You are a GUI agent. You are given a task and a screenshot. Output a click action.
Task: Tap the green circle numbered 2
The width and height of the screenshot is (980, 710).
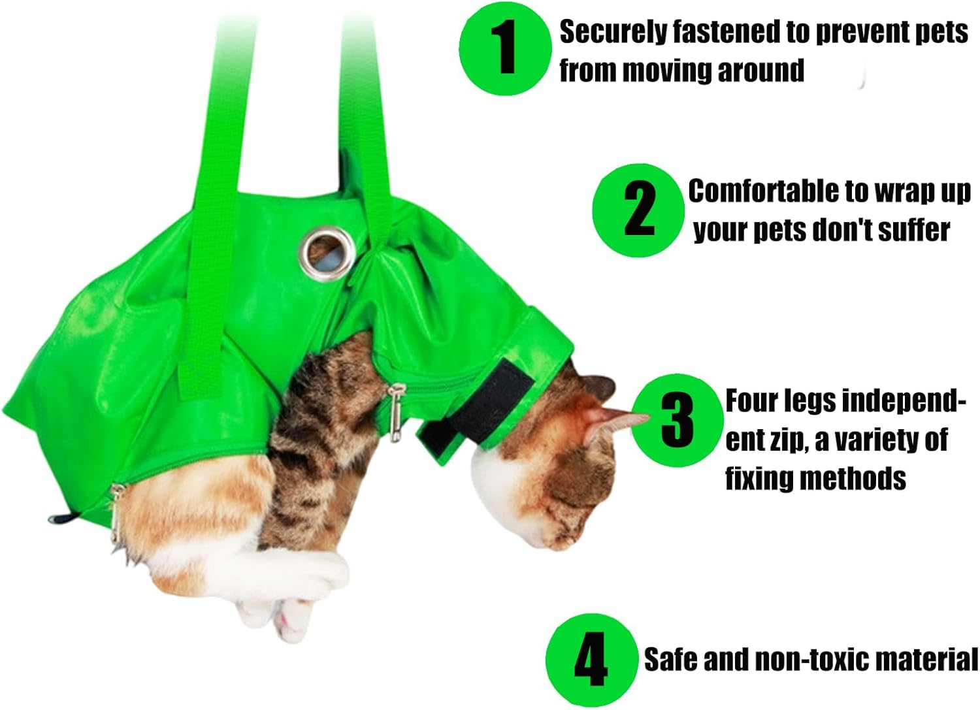639,209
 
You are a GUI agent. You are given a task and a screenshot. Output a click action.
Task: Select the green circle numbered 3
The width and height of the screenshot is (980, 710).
677,420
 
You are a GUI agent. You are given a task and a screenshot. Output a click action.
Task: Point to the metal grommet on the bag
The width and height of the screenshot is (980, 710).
327,251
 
